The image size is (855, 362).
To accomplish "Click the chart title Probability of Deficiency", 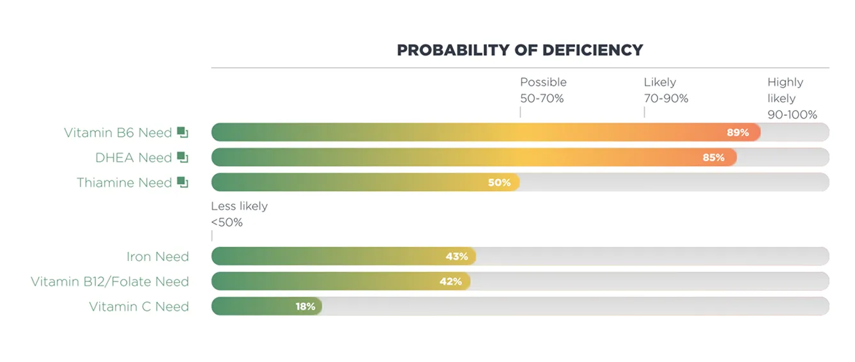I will click(x=520, y=50).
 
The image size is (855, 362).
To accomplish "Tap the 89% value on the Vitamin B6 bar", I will click(x=737, y=132).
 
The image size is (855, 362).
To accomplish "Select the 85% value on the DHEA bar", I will click(x=713, y=157).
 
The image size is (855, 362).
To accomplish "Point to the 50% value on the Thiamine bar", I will click(x=499, y=182).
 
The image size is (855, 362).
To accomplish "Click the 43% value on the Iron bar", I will click(x=456, y=256).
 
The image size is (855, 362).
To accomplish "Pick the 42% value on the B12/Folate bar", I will click(x=451, y=281).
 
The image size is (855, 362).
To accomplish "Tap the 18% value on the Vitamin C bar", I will click(x=305, y=306).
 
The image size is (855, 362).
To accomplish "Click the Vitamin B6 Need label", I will click(x=118, y=133).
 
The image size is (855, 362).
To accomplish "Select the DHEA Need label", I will click(x=134, y=158).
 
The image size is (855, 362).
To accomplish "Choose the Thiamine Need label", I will click(x=124, y=183).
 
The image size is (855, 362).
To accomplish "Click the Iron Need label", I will click(x=157, y=257).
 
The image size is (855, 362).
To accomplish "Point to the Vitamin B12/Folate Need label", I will click(x=110, y=282).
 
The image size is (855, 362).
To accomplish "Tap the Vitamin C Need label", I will click(x=139, y=307).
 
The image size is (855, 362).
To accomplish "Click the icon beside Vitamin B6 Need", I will click(x=183, y=132).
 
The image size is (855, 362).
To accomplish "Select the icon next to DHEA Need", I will click(x=183, y=157).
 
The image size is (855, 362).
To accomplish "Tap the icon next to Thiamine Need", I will click(x=183, y=182).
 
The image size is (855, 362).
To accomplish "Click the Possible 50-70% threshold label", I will click(x=543, y=90).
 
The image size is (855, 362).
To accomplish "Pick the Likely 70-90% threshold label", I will click(x=666, y=90).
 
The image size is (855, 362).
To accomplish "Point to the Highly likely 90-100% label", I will click(x=792, y=98).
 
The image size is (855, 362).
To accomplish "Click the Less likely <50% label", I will click(x=239, y=214).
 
